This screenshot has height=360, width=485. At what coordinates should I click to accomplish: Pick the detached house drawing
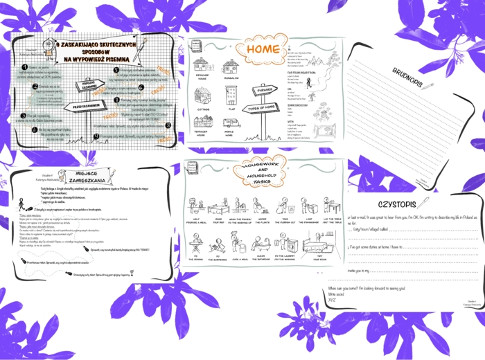pos(202,66)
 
